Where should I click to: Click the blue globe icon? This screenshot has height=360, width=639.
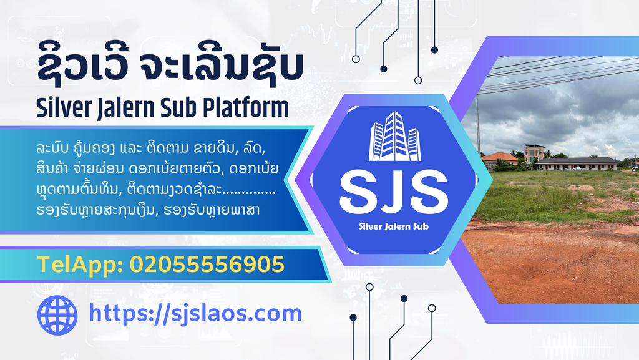(57, 315)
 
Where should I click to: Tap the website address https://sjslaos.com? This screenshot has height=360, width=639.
(195, 314)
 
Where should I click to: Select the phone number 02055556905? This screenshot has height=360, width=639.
(207, 265)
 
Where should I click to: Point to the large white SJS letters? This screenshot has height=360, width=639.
(394, 193)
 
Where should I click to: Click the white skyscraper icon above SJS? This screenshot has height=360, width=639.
(394, 136)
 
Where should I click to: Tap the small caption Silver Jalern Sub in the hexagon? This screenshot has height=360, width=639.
(394, 226)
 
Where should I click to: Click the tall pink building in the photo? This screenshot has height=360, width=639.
(534, 153)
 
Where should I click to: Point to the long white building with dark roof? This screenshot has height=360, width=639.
(577, 163)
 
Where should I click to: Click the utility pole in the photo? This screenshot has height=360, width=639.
(479, 125)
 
